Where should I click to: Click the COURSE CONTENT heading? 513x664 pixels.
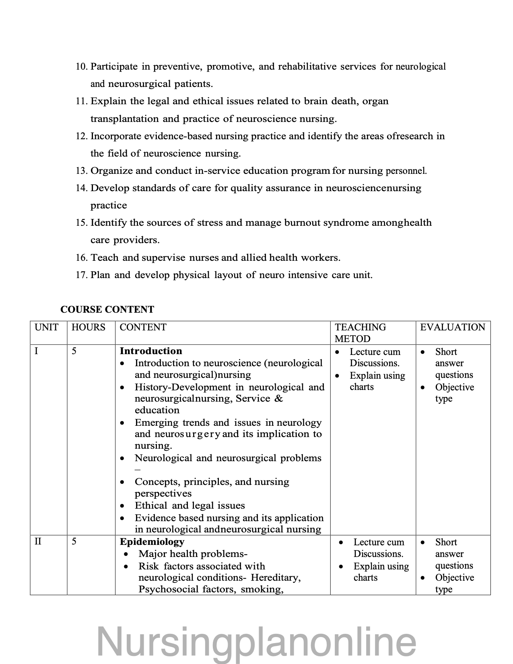pyautogui.click(x=107, y=309)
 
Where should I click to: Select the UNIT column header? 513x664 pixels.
pyautogui.click(x=46, y=327)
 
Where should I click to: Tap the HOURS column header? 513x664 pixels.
pyautogui.click(x=88, y=327)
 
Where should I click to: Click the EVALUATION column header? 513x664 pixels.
pyautogui.click(x=453, y=327)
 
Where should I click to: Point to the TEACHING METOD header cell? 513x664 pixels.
pyautogui.click(x=360, y=333)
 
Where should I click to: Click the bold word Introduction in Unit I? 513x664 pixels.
pyautogui.click(x=151, y=351)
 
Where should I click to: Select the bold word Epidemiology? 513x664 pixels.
pyautogui.click(x=152, y=542)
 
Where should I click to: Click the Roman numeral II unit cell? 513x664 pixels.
pyautogui.click(x=38, y=541)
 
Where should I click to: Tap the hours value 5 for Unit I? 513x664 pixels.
pyautogui.click(x=74, y=351)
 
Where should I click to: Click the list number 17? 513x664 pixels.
pyautogui.click(x=81, y=275)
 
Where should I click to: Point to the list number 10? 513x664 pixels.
pyautogui.click(x=81, y=67)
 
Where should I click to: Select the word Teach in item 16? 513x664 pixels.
pyautogui.click(x=105, y=258)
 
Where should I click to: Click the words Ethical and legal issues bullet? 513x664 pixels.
pyautogui.click(x=190, y=505)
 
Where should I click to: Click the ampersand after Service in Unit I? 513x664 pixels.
pyautogui.click(x=279, y=399)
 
